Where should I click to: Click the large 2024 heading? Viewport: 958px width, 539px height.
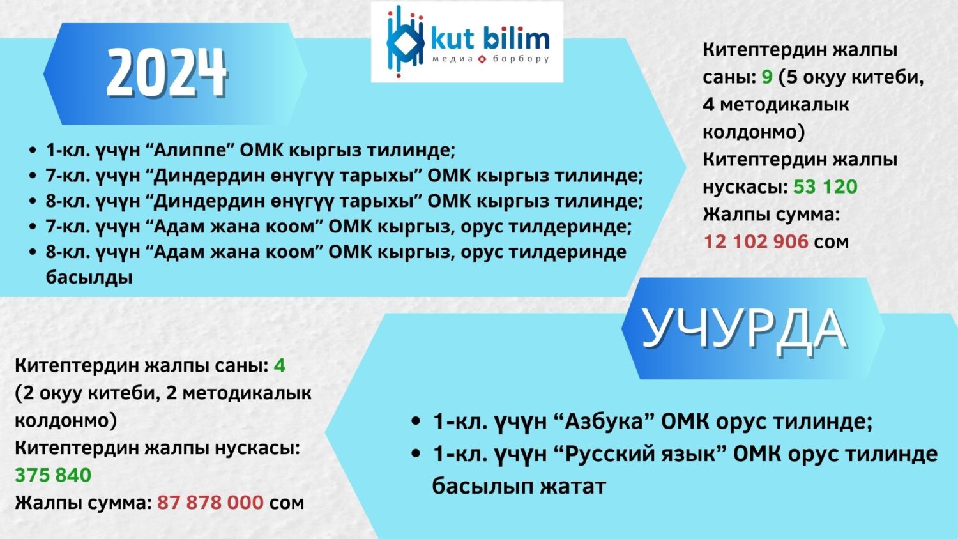click(167, 73)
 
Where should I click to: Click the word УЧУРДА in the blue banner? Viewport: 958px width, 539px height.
click(745, 328)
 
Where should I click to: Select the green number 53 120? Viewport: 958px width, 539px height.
click(825, 186)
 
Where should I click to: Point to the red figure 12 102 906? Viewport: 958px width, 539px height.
click(756, 241)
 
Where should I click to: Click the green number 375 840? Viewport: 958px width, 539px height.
click(53, 475)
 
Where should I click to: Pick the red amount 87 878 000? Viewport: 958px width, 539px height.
click(210, 503)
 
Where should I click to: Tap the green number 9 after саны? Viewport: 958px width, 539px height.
click(767, 77)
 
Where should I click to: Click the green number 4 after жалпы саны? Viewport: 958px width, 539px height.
click(279, 365)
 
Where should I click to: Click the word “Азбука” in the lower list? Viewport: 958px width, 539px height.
click(604, 421)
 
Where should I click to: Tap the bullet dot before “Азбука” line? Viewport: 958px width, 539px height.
click(416, 421)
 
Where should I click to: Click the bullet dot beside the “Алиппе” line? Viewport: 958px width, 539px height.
click(33, 151)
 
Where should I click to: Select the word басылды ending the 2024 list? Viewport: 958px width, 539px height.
click(89, 277)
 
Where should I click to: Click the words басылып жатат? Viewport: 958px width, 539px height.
click(519, 486)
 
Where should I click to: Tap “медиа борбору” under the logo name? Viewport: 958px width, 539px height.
click(490, 59)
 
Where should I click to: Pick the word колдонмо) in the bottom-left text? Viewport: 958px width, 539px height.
click(66, 420)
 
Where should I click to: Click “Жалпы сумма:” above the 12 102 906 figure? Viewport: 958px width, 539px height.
click(771, 214)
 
